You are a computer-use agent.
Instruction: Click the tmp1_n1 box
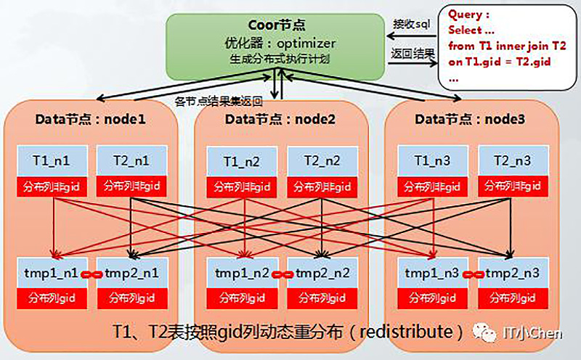coord(53,274)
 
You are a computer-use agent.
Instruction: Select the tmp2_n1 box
coord(131,274)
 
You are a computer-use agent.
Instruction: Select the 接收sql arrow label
coord(412,24)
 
